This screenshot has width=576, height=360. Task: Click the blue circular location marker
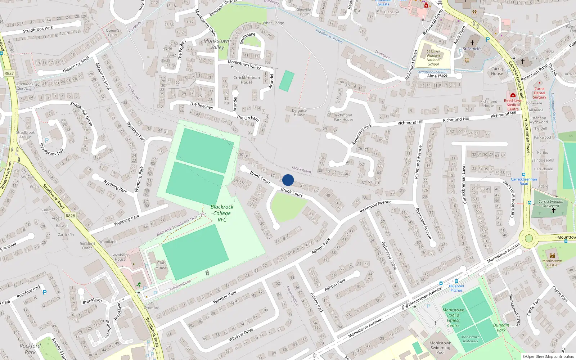(288, 180)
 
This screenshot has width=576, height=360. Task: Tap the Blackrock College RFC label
(222, 213)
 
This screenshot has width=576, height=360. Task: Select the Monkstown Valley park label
(217, 44)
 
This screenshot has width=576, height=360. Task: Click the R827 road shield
(9, 73)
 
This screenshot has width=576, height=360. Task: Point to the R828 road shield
(70, 216)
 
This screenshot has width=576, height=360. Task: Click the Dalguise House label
(299, 113)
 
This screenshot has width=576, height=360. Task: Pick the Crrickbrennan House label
(247, 80)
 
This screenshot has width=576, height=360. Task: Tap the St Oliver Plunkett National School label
(433, 58)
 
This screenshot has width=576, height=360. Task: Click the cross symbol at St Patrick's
(472, 43)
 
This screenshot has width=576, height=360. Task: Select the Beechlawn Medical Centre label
(513, 105)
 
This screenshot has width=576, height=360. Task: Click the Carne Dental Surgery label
(539, 93)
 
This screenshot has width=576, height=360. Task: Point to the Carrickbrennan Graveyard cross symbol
(554, 210)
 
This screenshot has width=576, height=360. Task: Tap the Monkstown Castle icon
(552, 256)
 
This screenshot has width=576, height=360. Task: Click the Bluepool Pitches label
(456, 288)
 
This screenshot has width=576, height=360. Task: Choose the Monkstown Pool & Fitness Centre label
(453, 318)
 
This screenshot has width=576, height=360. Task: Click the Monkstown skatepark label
(471, 339)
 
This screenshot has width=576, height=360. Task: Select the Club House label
(161, 265)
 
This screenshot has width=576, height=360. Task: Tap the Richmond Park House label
(343, 117)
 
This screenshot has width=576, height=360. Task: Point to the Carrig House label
(497, 71)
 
